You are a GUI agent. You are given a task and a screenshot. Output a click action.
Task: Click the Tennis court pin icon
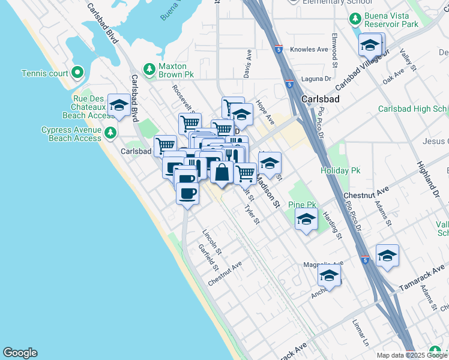click(77, 73)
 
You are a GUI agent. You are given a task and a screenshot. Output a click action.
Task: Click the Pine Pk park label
click(302, 205)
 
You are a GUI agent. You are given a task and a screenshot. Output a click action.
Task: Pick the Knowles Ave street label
click(309, 49)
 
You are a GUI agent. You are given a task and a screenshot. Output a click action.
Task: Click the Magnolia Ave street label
click(323, 263)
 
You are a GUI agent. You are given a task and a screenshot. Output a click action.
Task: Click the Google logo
click(20, 353)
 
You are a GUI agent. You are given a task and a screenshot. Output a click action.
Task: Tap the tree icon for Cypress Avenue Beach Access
click(110, 132)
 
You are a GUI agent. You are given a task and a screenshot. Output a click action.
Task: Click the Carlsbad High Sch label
click(413, 109)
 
